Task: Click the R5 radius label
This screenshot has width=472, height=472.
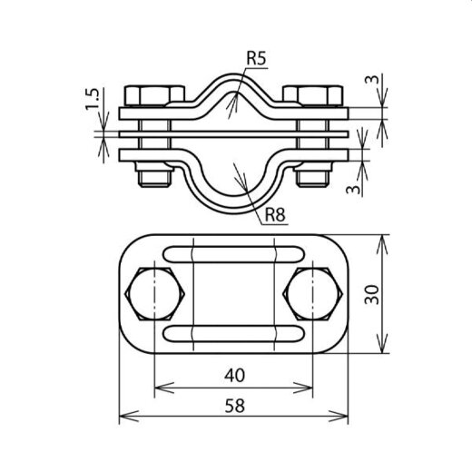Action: pos(257,61)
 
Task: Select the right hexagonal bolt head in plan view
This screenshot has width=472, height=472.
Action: pos(313,293)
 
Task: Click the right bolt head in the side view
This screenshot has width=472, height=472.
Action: pos(313,94)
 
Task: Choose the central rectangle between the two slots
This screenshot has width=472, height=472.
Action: pos(233,293)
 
